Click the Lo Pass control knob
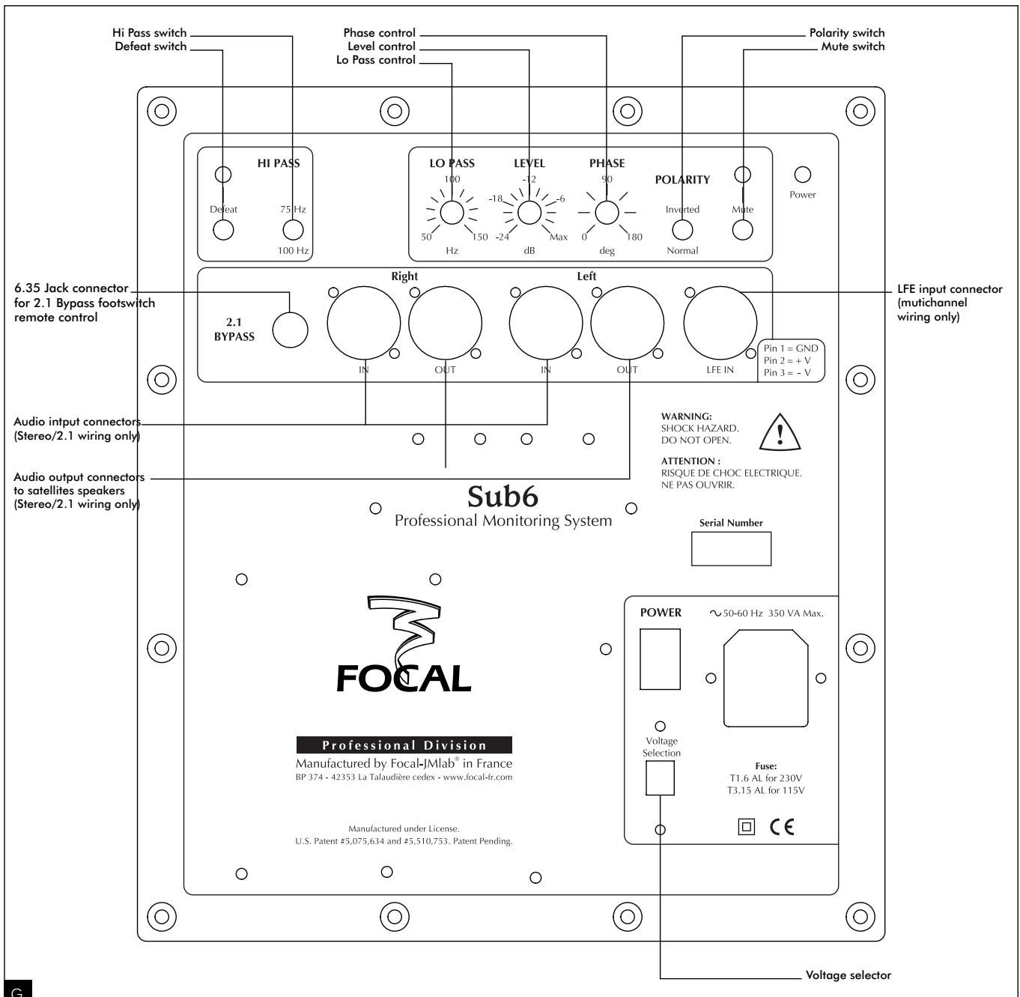pos(452,213)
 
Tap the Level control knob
pos(529,213)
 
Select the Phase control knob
pos(606,213)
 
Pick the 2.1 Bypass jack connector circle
pos(290,330)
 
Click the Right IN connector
pos(364,324)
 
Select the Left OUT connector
pos(627,324)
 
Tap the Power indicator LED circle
pos(802,175)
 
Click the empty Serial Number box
pos(730,549)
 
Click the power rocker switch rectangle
pos(660,658)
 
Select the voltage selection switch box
pos(660,778)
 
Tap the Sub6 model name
pos(503,497)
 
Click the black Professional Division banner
pos(404,745)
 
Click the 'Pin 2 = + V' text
pos(791,360)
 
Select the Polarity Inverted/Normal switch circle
pos(682,230)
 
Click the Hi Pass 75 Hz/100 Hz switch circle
pos(292,230)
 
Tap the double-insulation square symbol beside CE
pos(745,826)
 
